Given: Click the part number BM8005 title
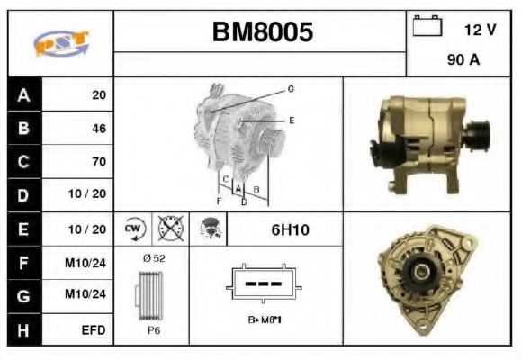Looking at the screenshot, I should click(262, 33).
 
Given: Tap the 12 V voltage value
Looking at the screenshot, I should click(479, 30).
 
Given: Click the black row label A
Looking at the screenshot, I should click(23, 94).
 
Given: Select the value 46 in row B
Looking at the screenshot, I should click(98, 128).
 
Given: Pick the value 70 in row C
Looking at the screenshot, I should click(98, 162).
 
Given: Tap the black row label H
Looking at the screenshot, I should click(23, 330).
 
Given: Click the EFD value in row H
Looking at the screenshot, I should click(93, 330).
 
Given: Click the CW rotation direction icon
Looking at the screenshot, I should click(135, 229).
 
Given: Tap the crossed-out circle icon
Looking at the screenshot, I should click(170, 229).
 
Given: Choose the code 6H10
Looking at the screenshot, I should click(290, 229).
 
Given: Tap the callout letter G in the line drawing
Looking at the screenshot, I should click(291, 88).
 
